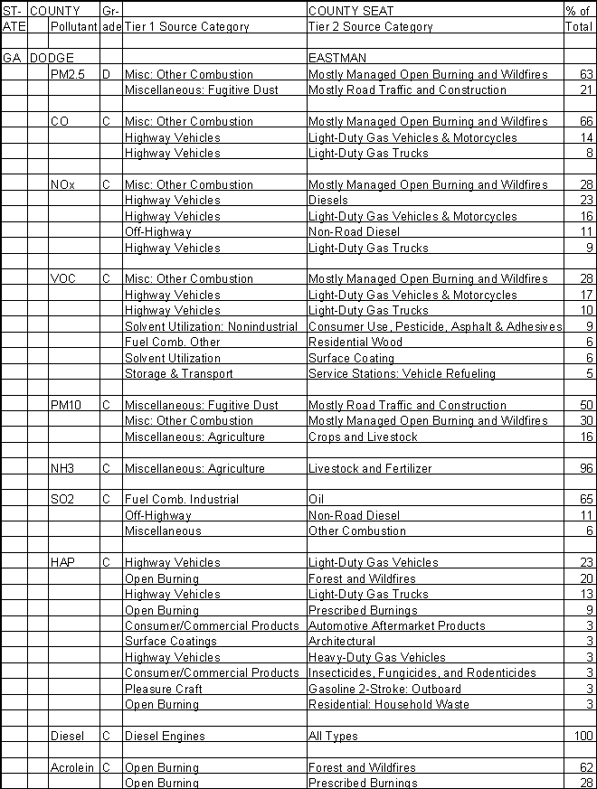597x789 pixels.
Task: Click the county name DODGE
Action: [x=52, y=58]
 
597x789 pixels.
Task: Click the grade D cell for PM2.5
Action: [x=106, y=73]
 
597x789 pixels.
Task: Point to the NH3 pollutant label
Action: [x=63, y=468]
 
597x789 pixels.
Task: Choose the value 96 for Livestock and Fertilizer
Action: [x=586, y=468]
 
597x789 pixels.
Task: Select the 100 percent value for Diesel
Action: [x=583, y=736]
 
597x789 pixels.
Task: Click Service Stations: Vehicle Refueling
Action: [x=402, y=373]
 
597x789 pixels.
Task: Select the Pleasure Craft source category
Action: [x=163, y=689]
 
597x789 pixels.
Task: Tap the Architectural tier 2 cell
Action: [x=342, y=641]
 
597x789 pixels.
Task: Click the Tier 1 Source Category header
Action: [x=186, y=27]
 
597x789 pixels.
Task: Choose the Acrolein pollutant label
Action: [x=72, y=767]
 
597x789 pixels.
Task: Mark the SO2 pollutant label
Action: [x=63, y=499]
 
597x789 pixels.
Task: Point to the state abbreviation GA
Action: [x=12, y=58]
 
